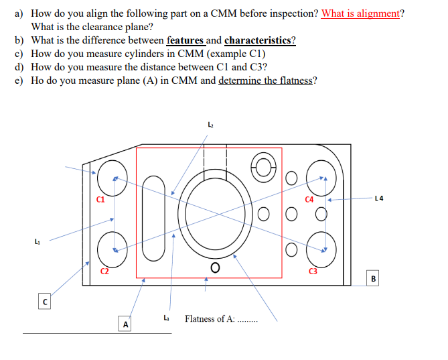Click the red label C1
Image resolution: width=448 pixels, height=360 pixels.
pyautogui.click(x=100, y=198)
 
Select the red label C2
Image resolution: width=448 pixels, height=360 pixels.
pyautogui.click(x=104, y=271)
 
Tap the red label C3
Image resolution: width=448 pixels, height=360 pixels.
pyautogui.click(x=313, y=271)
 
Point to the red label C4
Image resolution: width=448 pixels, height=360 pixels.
pyautogui.click(x=309, y=198)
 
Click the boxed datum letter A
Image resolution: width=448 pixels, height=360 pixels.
pyautogui.click(x=125, y=324)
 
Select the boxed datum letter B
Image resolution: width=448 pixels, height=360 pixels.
pyautogui.click(x=374, y=278)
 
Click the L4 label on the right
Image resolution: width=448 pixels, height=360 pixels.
pyautogui.click(x=380, y=198)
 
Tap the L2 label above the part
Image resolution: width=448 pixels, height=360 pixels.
pyautogui.click(x=211, y=125)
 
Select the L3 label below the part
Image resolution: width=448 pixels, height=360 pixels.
pyautogui.click(x=166, y=317)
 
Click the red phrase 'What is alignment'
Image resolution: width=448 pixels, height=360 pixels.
pyautogui.click(x=360, y=14)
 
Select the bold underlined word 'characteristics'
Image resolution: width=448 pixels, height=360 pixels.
pyautogui.click(x=259, y=40)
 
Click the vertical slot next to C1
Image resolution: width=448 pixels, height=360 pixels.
pyautogui.click(x=153, y=218)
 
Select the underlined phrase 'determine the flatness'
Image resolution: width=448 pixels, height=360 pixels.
pyautogui.click(x=265, y=81)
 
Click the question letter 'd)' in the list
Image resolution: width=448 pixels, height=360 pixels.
pyautogui.click(x=21, y=67)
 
